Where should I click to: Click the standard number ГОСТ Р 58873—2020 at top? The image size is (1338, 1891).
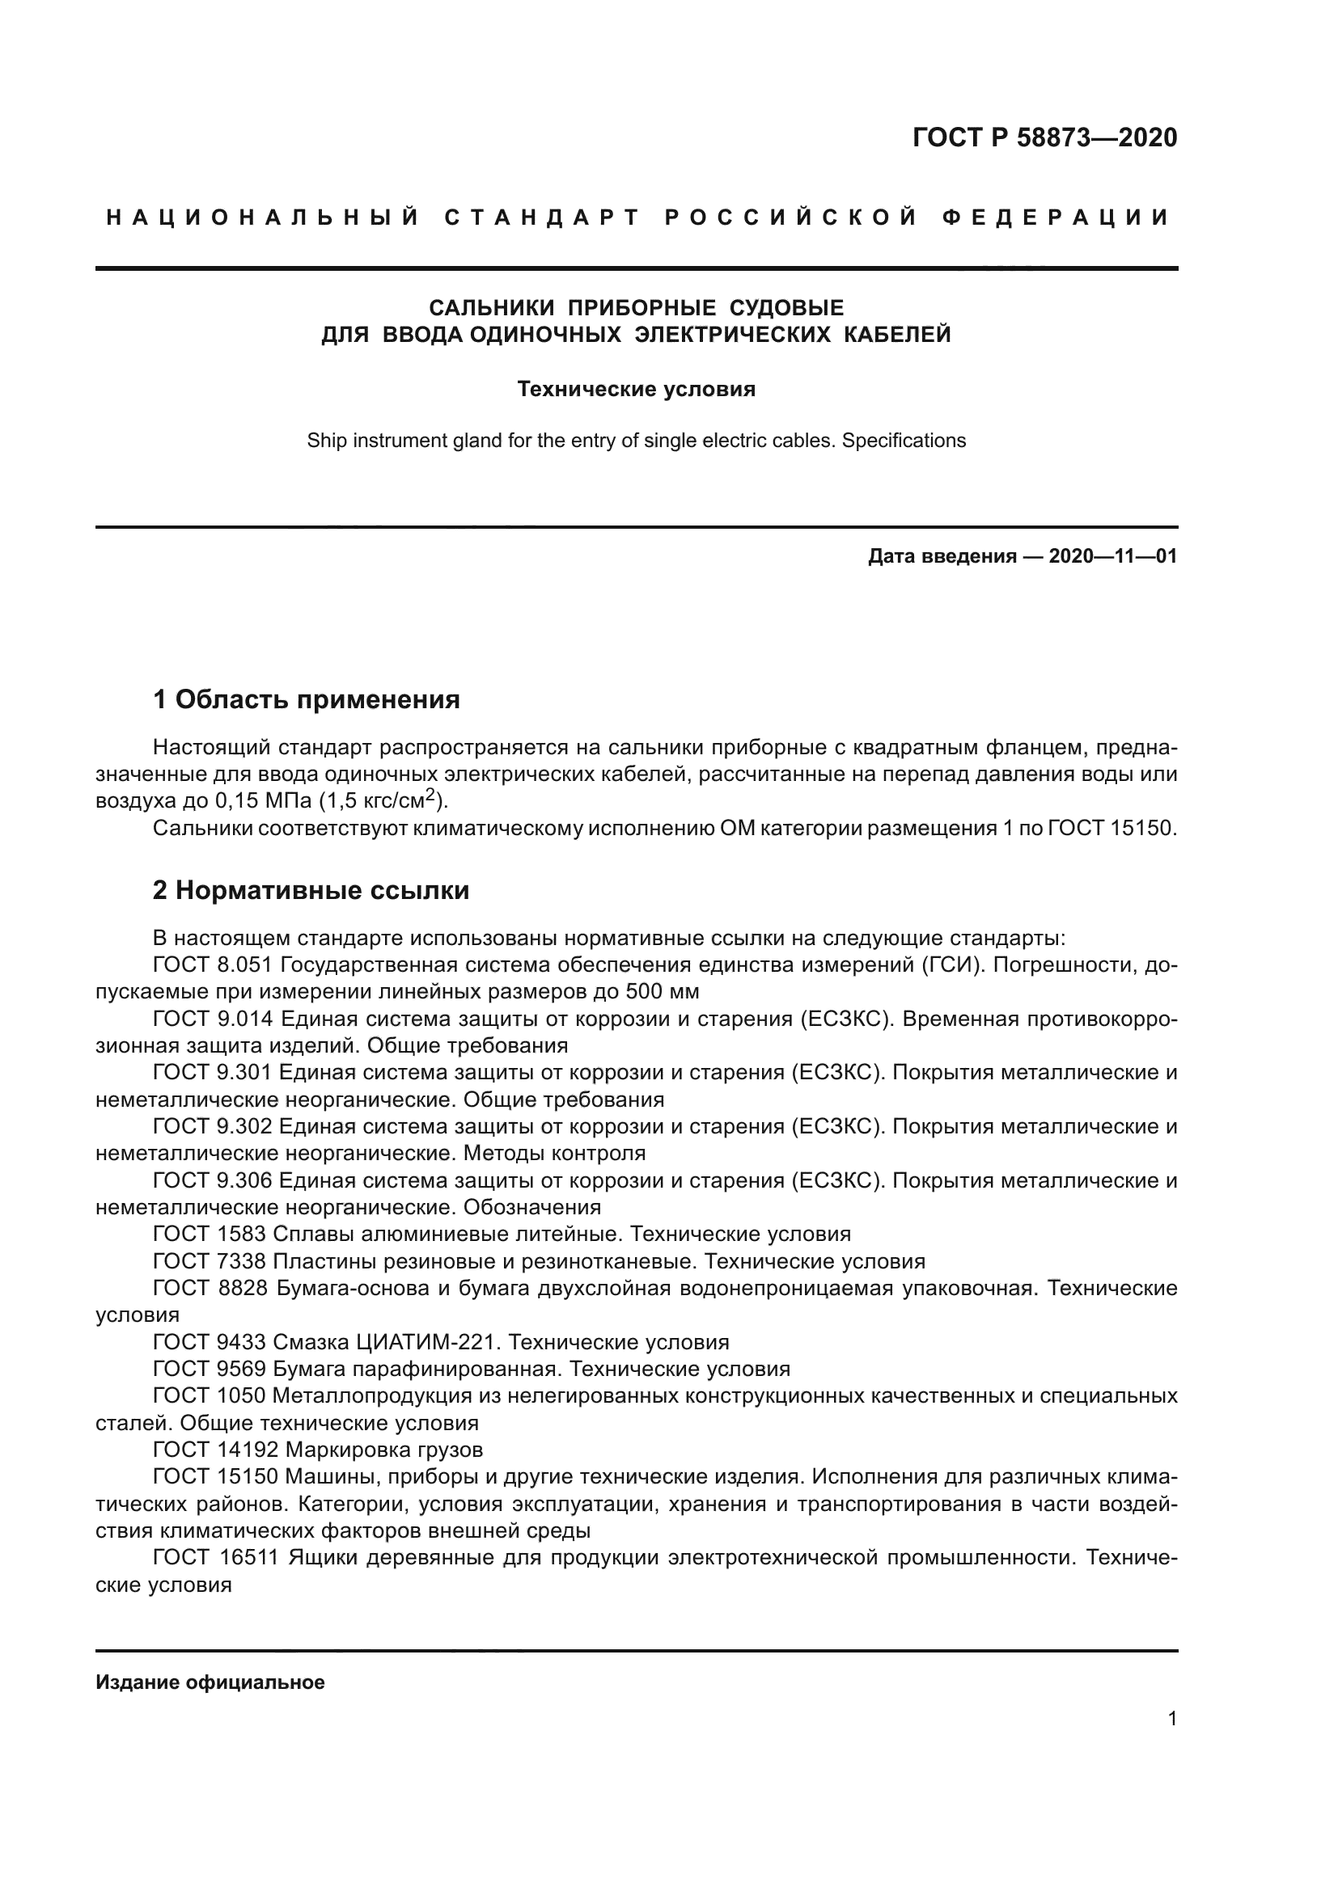pyautogui.click(x=1044, y=137)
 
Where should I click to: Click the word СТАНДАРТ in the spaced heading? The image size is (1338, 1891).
pyautogui.click(x=542, y=217)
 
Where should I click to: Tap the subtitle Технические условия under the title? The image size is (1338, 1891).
pyautogui.click(x=636, y=389)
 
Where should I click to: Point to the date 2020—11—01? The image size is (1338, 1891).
pyautogui.click(x=1112, y=557)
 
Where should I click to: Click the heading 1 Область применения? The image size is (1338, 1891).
pyautogui.click(x=307, y=700)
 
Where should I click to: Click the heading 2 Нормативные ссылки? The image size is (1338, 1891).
pyautogui.click(x=311, y=890)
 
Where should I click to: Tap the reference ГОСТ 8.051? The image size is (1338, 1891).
pyautogui.click(x=213, y=964)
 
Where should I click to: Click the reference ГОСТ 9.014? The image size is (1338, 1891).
pyautogui.click(x=213, y=1019)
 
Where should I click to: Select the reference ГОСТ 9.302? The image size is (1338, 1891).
pyautogui.click(x=213, y=1127)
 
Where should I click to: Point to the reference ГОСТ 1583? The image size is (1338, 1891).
pyautogui.click(x=210, y=1235)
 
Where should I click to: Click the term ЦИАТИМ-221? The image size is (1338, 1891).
pyautogui.click(x=427, y=1343)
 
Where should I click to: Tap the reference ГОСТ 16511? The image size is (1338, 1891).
pyautogui.click(x=216, y=1558)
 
